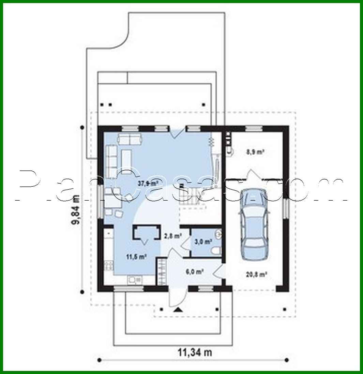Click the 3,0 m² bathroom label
pyautogui.click(x=203, y=241)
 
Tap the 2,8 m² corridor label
pyautogui.click(x=172, y=235)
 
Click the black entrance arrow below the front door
pyautogui.click(x=177, y=310)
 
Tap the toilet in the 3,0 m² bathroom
pyautogui.click(x=215, y=251)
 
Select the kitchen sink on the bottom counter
pyautogui.click(x=135, y=280)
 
